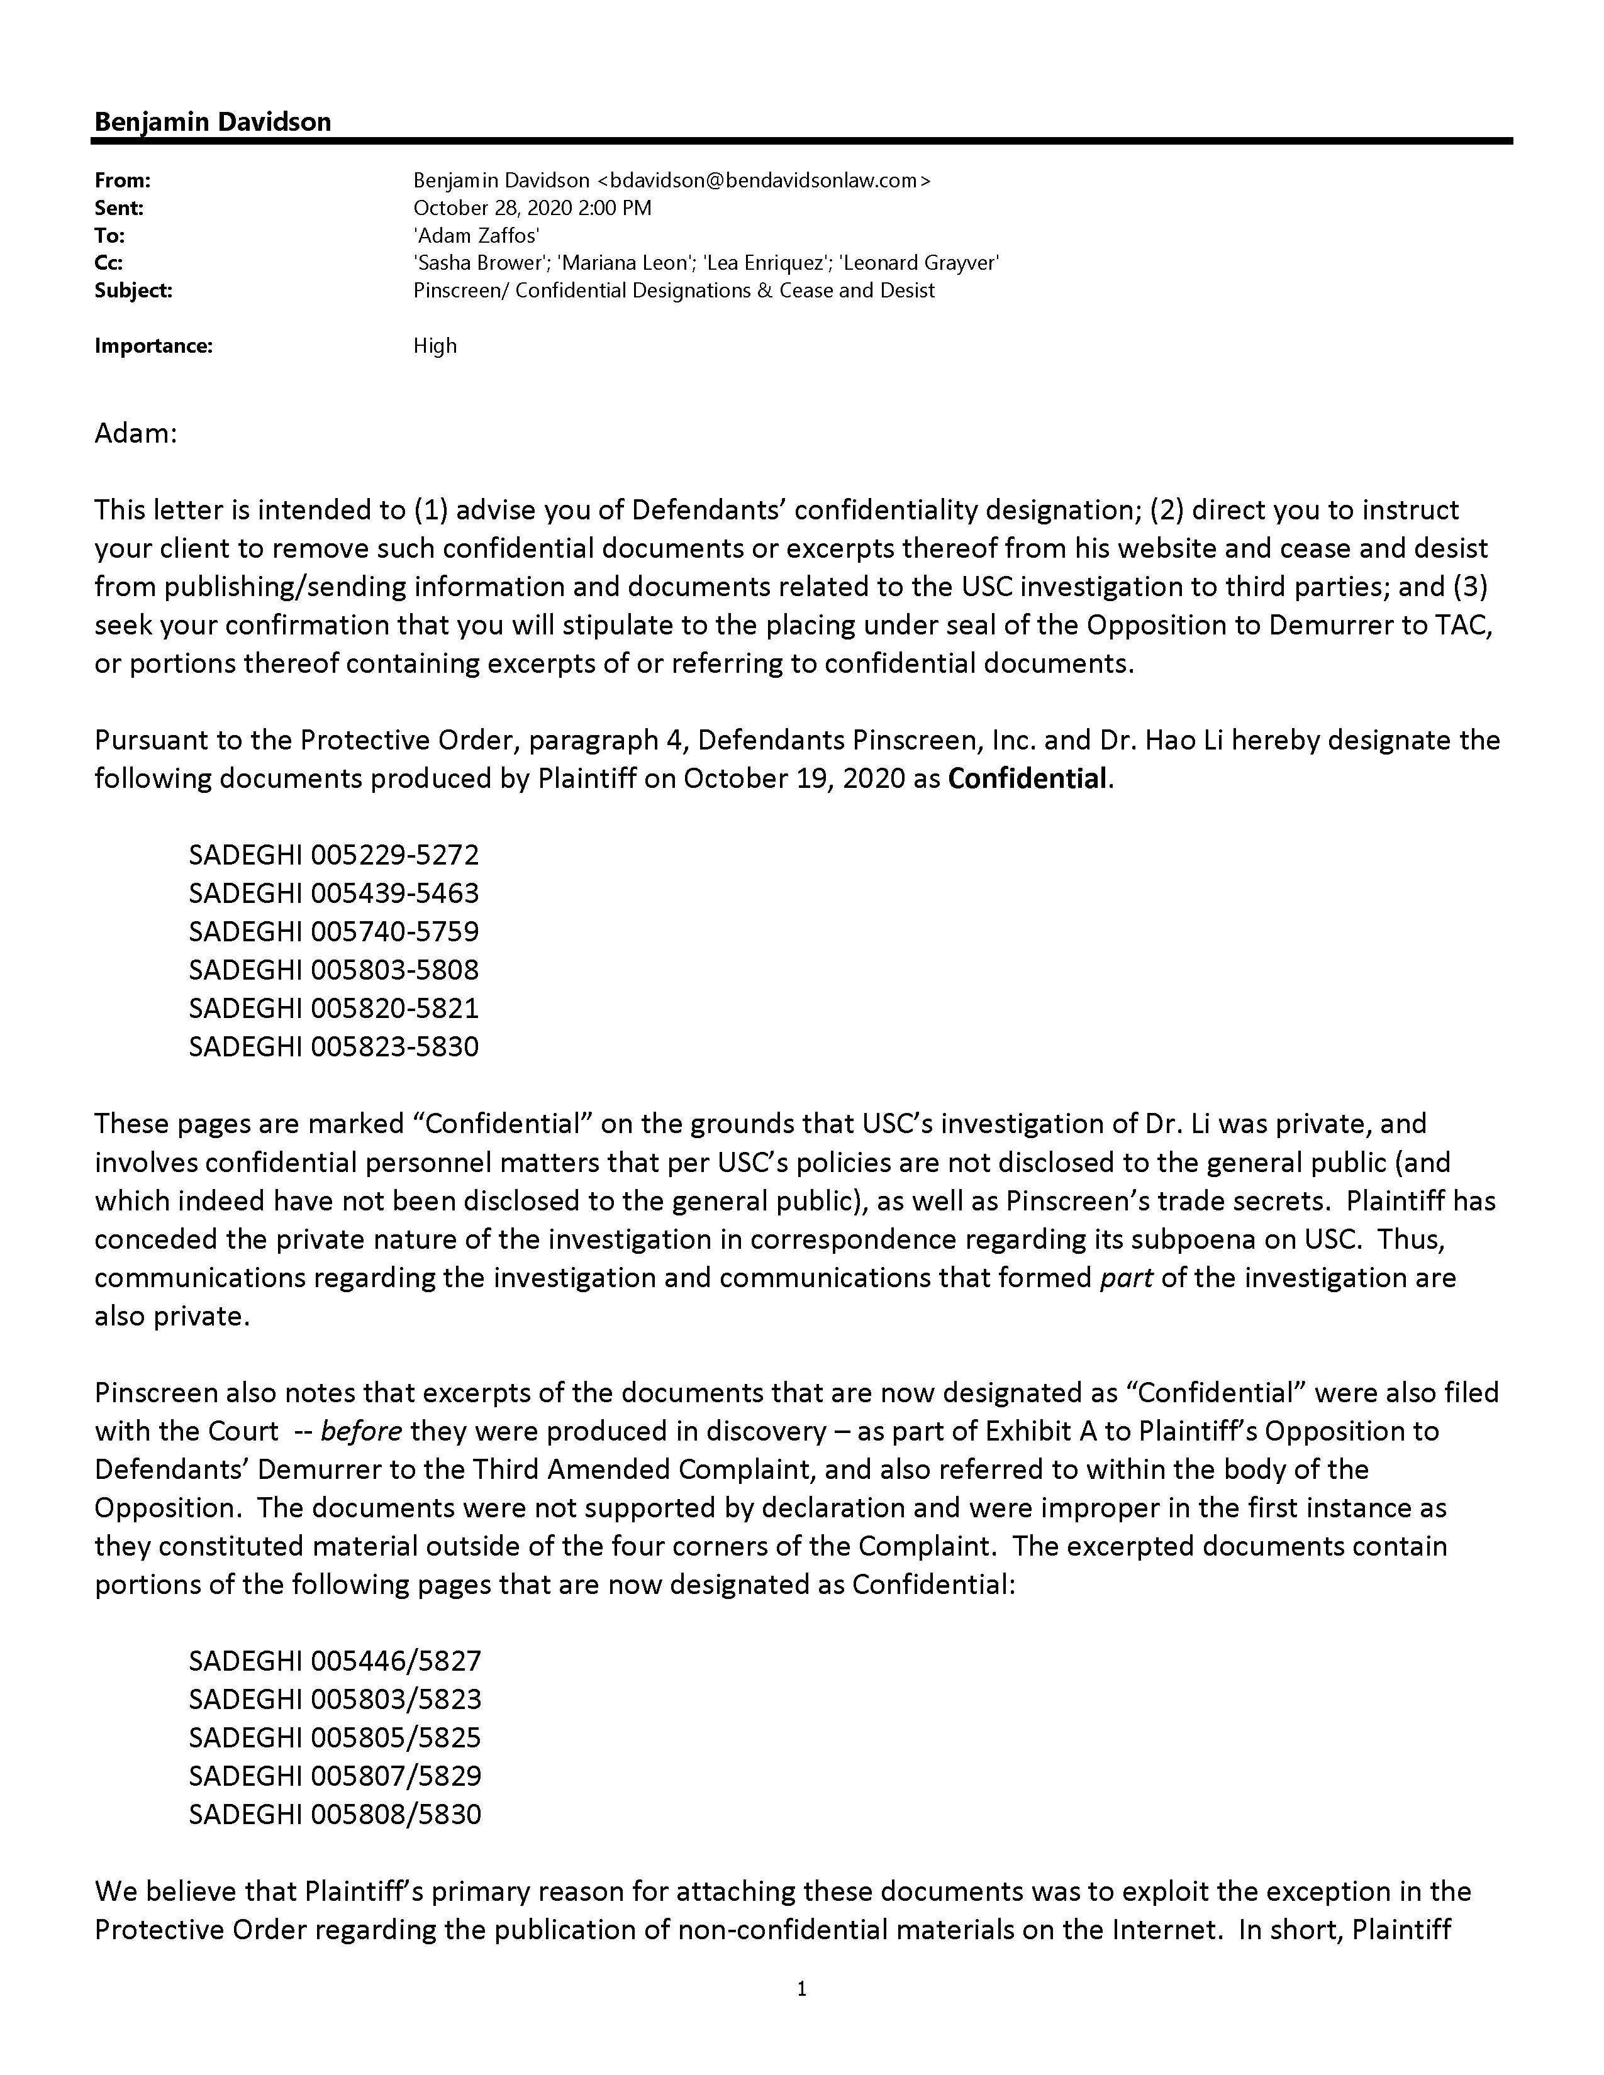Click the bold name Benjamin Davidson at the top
tap(213, 121)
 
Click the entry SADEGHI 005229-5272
tap(333, 855)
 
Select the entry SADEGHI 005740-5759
tap(333, 931)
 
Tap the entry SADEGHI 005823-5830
tap(333, 1047)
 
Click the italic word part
tap(1126, 1278)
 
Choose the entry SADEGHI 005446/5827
tap(335, 1661)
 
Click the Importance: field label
tap(153, 346)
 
